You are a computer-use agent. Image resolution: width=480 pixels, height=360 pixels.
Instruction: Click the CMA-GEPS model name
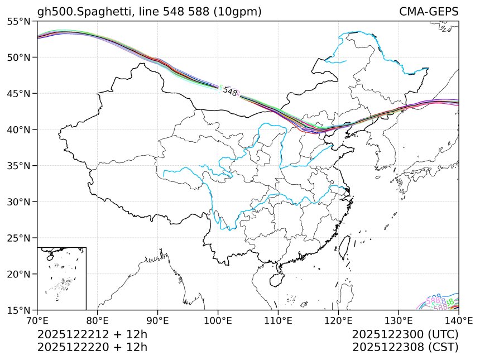pyautogui.click(x=429, y=12)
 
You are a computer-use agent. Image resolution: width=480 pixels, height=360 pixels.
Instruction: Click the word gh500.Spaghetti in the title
pyautogui.click(x=78, y=12)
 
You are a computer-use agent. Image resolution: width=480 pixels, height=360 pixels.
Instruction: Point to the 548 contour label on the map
pyautogui.click(x=230, y=92)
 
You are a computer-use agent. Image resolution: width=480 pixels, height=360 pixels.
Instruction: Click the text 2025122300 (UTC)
pyautogui.click(x=405, y=335)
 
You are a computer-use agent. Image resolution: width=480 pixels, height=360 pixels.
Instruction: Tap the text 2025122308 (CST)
pyautogui.click(x=405, y=347)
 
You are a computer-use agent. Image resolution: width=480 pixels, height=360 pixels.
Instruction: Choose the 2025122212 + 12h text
pyautogui.click(x=92, y=335)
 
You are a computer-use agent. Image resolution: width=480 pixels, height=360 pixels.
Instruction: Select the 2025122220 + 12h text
pyautogui.click(x=92, y=347)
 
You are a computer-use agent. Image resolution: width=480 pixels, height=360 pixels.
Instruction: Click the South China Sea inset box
pyautogui.click(x=61, y=278)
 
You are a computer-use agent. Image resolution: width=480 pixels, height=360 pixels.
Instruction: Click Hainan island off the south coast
pyautogui.click(x=277, y=277)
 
